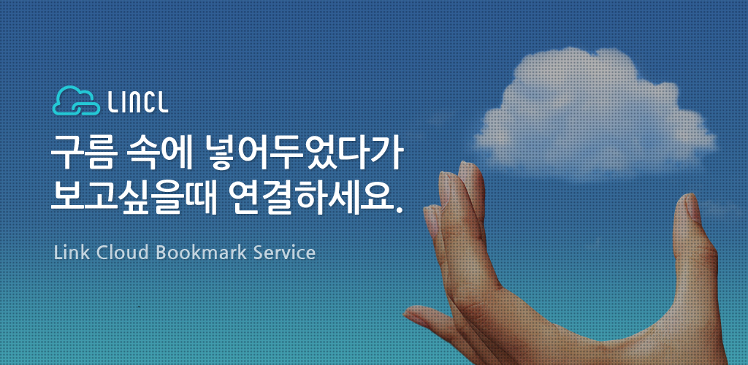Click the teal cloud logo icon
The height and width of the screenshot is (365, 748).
point(76,101)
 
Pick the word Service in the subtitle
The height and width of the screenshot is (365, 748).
point(285,253)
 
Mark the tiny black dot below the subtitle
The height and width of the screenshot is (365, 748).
point(138,307)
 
